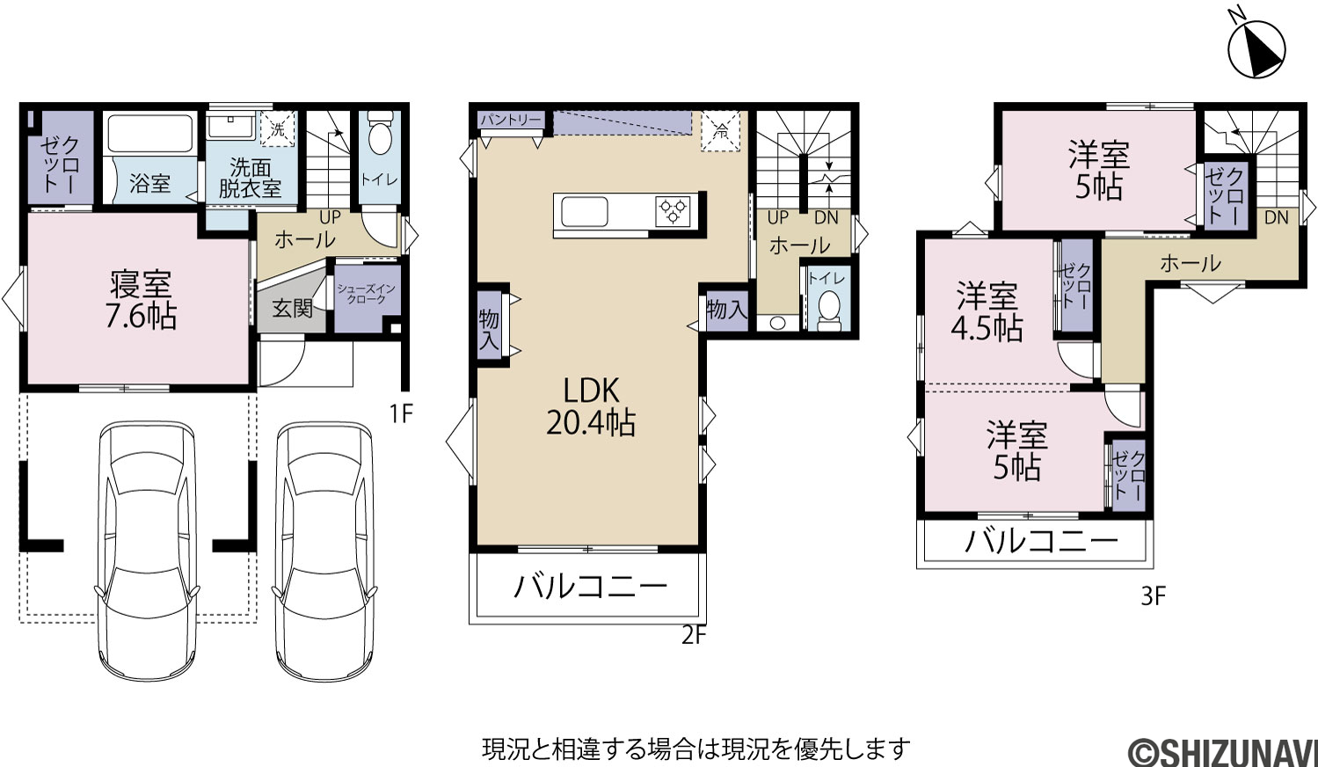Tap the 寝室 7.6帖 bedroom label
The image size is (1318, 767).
[141, 300]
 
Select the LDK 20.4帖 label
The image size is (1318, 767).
[591, 406]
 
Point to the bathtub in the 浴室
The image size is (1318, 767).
[150, 134]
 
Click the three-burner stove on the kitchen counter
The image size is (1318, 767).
[674, 212]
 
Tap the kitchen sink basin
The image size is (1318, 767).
[585, 212]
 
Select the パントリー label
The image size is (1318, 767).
[510, 121]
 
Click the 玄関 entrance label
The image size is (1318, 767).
[292, 307]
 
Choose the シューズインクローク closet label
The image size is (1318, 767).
[366, 294]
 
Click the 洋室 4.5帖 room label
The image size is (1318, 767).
[987, 312]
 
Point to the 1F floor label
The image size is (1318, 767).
[401, 413]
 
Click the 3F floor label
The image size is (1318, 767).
[1154, 597]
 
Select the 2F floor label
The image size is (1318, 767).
[694, 635]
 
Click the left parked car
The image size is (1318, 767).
[147, 551]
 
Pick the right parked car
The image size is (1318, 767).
[324, 552]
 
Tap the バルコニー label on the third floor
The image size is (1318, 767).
[1041, 541]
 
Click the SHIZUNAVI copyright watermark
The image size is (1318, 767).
[1223, 752]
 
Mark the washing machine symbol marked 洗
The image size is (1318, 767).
[278, 128]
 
